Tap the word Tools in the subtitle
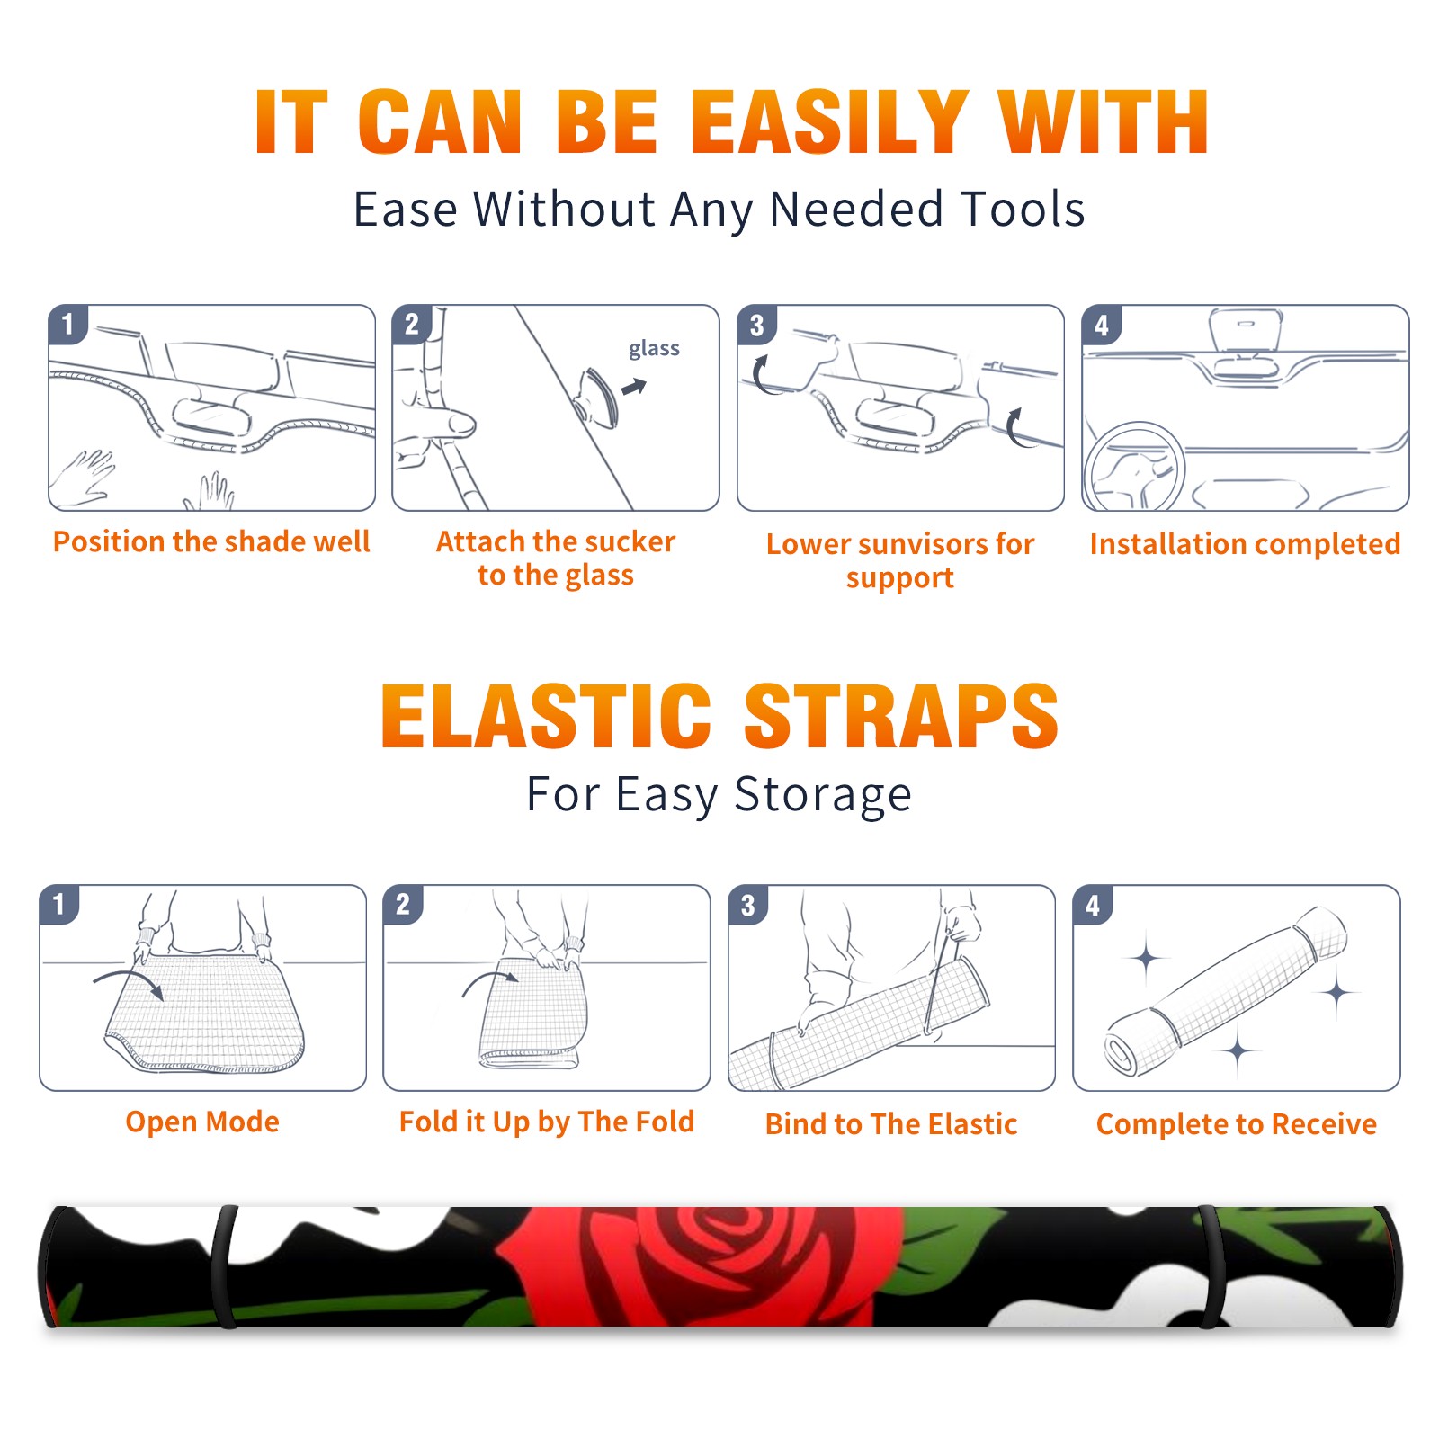pyautogui.click(x=1023, y=210)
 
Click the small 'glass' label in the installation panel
pyautogui.click(x=654, y=349)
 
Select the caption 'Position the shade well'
pyautogui.click(x=211, y=541)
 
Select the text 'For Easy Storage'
pyautogui.click(x=719, y=795)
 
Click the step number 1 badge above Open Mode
pyautogui.click(x=59, y=904)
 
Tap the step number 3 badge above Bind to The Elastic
pyautogui.click(x=747, y=905)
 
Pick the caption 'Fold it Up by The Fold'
pyautogui.click(x=547, y=1122)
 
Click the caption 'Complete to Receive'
pyautogui.click(x=1237, y=1124)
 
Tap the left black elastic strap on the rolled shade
pyautogui.click(x=224, y=1266)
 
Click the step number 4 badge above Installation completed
pyautogui.click(x=1102, y=325)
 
